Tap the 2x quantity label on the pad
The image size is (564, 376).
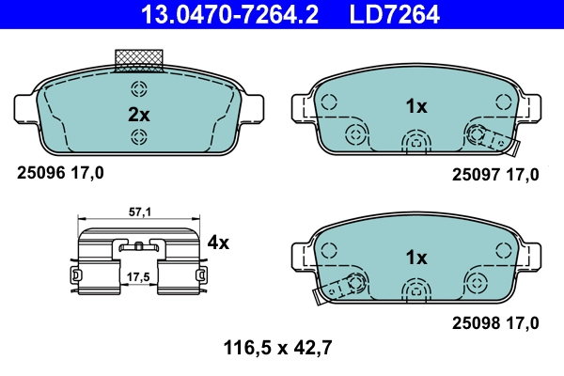click(139, 115)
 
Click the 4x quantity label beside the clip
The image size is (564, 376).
click(218, 243)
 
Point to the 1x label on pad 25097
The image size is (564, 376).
click(416, 106)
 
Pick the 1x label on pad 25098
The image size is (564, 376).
click(416, 257)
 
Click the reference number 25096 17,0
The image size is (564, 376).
click(61, 172)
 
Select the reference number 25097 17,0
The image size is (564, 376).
click(495, 174)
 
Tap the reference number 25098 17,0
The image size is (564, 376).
click(495, 322)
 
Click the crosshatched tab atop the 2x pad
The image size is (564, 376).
click(139, 59)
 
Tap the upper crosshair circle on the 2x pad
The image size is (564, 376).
click(139, 90)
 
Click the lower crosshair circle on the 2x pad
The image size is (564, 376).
click(139, 139)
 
